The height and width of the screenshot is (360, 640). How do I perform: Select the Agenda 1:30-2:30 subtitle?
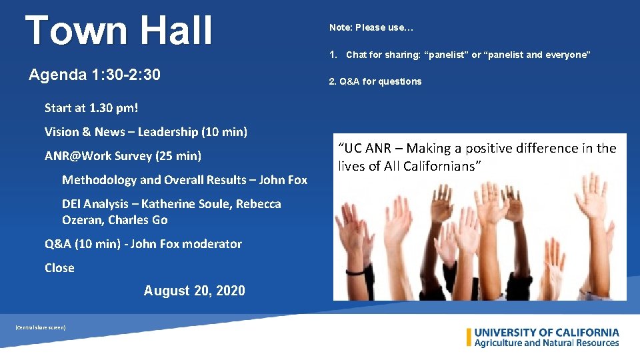[x=95, y=75]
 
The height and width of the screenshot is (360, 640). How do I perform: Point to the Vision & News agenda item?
[x=145, y=132]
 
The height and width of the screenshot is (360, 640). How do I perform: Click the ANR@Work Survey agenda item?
[x=123, y=156]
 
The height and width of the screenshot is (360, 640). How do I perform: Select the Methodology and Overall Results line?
[x=184, y=180]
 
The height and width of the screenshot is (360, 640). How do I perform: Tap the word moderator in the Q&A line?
[x=213, y=244]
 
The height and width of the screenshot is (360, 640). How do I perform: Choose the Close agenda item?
[x=59, y=268]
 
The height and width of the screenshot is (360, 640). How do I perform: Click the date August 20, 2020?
[x=194, y=291]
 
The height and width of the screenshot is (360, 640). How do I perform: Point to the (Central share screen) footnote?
[x=40, y=327]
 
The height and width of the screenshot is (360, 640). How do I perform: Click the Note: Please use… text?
[x=371, y=27]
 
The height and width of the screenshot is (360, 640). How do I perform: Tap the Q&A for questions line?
[x=375, y=81]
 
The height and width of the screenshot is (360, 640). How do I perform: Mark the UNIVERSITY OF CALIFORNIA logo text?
[x=547, y=333]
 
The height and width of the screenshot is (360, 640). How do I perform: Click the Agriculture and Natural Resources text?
[x=547, y=343]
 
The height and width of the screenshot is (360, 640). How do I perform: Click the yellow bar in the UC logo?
[x=469, y=337]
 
